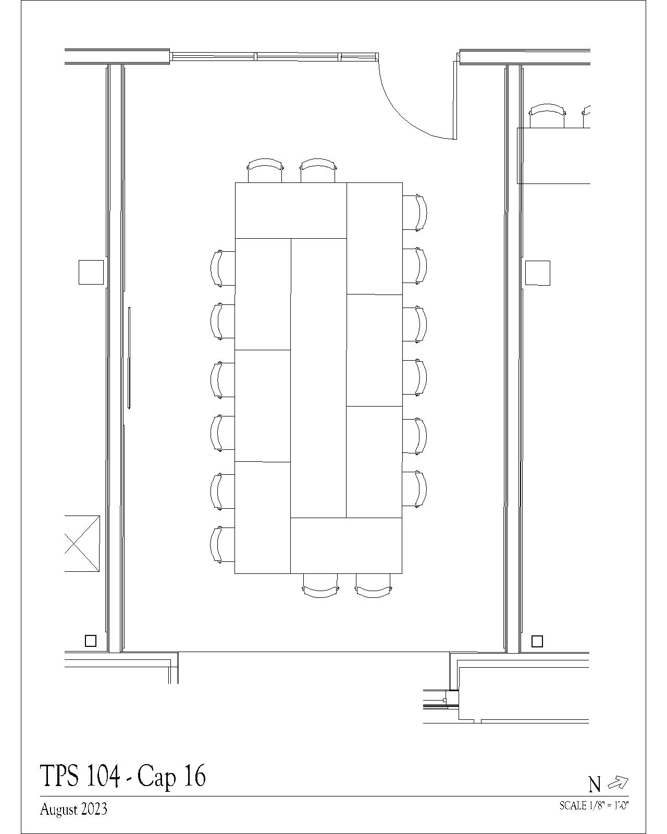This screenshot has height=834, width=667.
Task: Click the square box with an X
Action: pos(82,543)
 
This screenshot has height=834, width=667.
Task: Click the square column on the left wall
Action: pos(91,273)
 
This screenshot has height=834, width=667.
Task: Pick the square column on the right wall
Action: pos(538,273)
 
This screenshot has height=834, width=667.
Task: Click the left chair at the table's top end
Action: pos(265,170)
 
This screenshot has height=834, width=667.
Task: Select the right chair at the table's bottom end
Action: pos(373,585)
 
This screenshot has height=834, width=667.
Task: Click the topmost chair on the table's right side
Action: pos(415,212)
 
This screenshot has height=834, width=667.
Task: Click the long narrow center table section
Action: pos(318,378)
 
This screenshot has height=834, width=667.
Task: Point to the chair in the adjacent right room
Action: pos(547,116)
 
